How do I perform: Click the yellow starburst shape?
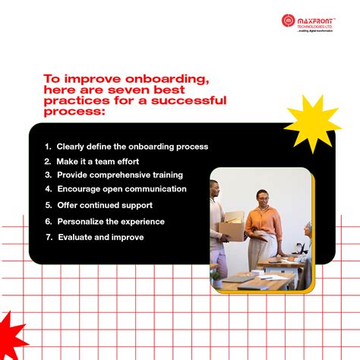click(x=311, y=123)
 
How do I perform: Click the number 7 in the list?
click(x=47, y=237)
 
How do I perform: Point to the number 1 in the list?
click(x=47, y=147)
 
